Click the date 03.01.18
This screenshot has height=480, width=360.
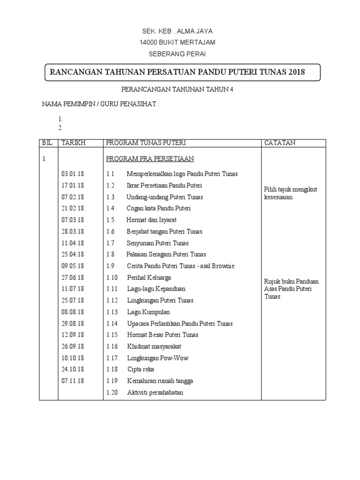73,174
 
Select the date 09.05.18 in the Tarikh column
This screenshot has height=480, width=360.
73,266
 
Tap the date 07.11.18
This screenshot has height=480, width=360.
73,381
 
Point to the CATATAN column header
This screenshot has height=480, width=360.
280,143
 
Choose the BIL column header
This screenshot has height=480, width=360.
48,143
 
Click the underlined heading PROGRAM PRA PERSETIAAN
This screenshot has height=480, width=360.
150,159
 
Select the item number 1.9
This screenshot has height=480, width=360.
110,266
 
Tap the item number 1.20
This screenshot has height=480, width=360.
112,392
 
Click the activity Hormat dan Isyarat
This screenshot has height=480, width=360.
151,220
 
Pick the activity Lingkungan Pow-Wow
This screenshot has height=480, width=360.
158,358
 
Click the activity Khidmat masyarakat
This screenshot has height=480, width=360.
154,346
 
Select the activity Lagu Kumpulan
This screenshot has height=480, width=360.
148,312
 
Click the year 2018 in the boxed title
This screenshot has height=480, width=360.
297,72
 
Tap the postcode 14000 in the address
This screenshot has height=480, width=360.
149,43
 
